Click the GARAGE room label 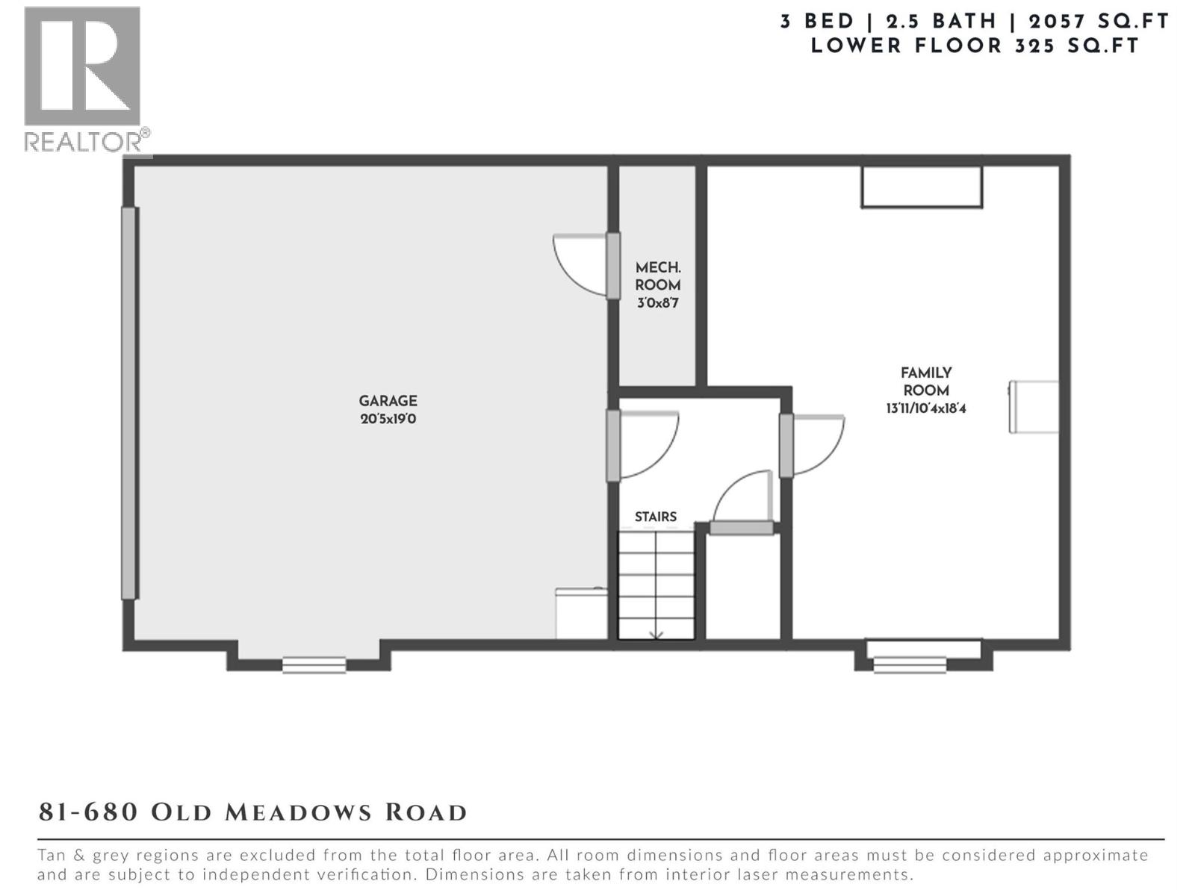tap(388, 401)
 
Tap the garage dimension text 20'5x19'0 tap(388, 419)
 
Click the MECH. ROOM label tap(658, 276)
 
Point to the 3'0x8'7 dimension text tap(658, 303)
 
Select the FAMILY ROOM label tap(926, 381)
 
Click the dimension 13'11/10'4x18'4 tap(926, 408)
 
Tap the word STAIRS tap(656, 517)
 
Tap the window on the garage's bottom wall tap(314, 664)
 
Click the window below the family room tap(910, 663)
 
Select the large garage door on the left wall tap(129, 403)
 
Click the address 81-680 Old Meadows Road tap(252, 812)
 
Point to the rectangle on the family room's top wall tap(921, 187)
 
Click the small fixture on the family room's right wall tap(1034, 407)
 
